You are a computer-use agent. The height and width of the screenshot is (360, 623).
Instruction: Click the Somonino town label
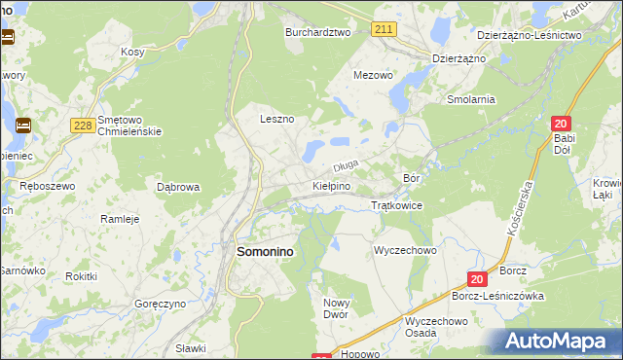[x=266, y=251]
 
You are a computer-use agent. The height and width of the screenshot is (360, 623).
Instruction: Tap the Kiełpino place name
[x=331, y=185]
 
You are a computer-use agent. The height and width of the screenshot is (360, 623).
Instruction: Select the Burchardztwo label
[x=317, y=32]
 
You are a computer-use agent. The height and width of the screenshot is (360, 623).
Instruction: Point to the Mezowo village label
[x=373, y=75]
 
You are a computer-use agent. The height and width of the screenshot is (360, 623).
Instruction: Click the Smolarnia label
[x=471, y=99]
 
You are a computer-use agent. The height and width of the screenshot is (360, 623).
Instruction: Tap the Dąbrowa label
[x=178, y=186]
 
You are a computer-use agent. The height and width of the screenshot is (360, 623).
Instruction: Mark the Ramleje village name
[x=121, y=219]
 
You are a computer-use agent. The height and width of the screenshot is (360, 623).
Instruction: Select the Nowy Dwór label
[x=335, y=308]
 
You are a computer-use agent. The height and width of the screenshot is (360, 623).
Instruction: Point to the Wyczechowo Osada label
[x=436, y=327]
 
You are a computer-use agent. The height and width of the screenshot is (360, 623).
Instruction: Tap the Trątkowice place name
[x=397, y=206]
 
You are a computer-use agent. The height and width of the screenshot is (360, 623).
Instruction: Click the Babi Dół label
[x=566, y=145]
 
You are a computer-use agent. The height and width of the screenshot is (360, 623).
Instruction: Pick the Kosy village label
[x=132, y=52]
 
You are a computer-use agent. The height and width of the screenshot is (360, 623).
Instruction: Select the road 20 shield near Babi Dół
[x=560, y=124]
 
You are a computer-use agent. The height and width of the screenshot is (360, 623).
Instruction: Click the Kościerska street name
[x=522, y=209]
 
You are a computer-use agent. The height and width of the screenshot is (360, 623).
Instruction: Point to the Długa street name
[x=347, y=165]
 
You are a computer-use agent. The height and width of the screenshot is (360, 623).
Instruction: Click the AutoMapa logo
[x=559, y=342]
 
